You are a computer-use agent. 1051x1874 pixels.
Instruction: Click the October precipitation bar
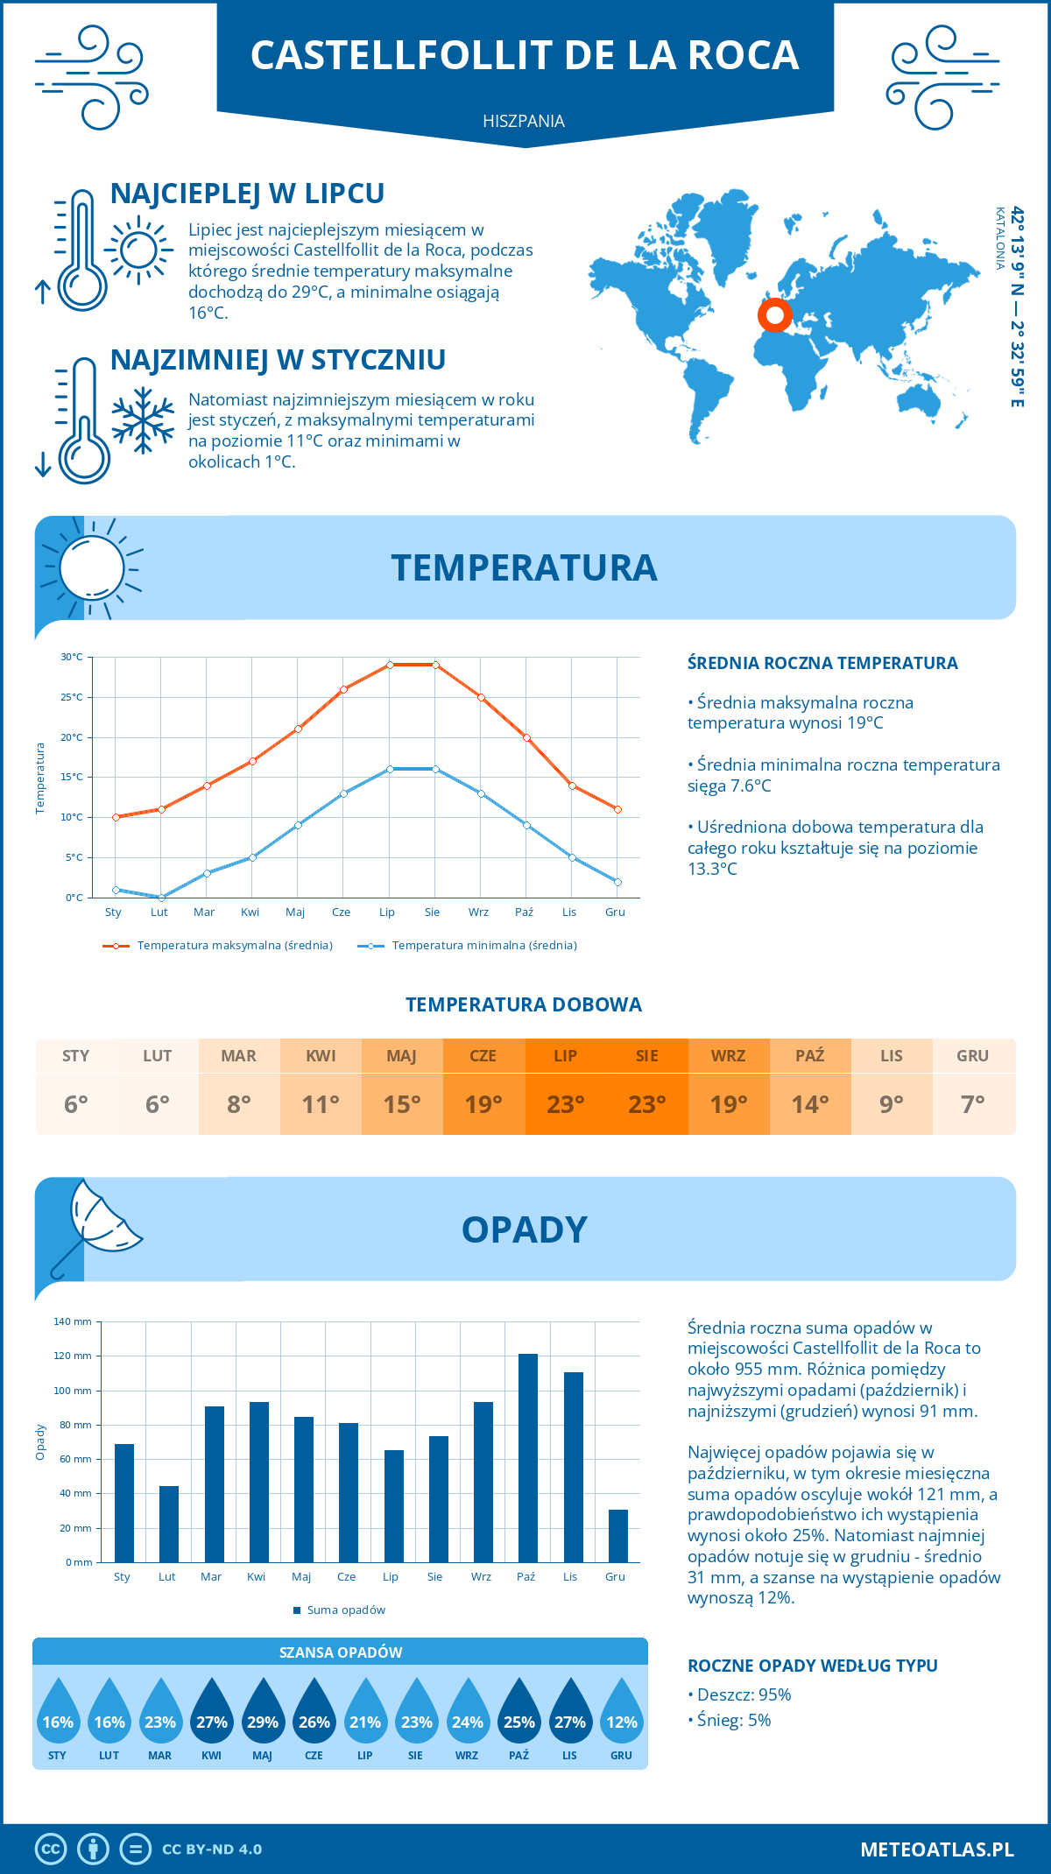tap(527, 1458)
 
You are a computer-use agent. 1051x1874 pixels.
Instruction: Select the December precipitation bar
tap(617, 1536)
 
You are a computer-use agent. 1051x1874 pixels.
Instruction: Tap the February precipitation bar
tap(168, 1524)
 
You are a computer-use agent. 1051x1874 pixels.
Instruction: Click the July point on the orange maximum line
tap(390, 665)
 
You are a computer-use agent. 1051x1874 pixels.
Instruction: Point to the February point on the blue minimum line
tap(161, 898)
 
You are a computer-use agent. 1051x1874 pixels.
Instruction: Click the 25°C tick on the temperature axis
tap(72, 697)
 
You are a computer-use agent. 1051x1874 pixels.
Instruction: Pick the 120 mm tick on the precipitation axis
tap(73, 1356)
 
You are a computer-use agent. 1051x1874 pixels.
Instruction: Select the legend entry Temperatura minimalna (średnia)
tap(468, 946)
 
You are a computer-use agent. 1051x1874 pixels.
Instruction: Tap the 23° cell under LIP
tap(565, 1104)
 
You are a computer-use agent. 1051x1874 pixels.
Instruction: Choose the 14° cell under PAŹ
tap(810, 1104)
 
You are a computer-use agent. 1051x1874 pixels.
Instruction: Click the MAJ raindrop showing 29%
tap(263, 1716)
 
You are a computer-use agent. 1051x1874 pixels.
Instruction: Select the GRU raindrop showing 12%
tap(621, 1716)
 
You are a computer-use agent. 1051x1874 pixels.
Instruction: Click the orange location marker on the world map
tap(774, 314)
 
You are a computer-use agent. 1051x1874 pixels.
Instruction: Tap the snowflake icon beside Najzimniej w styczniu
tap(143, 420)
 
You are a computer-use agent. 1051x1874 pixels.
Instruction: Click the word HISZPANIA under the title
tap(524, 121)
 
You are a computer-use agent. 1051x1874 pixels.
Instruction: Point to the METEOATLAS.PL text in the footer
tap(936, 1849)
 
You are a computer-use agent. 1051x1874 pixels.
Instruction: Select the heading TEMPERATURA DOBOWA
tap(524, 1004)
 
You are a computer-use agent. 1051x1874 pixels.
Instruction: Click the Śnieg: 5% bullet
tap(730, 1720)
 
